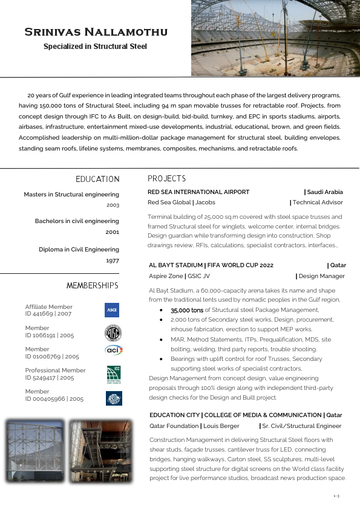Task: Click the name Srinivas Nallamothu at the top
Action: pos(96,32)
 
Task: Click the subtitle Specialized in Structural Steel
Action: pos(95,47)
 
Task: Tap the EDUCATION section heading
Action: pos(97,179)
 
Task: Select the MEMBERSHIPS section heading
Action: pos(93,285)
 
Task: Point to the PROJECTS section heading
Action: pos(166,179)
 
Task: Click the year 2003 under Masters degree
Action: pos(113,206)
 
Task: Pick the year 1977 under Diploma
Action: pos(113,261)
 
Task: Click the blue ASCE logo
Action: pos(112,310)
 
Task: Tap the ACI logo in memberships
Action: pos(113,350)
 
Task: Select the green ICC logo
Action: pos(113,374)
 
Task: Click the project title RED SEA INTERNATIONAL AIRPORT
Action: pos(198,192)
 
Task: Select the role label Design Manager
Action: pos(321,276)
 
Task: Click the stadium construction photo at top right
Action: pos(275,38)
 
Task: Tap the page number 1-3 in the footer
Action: pos(336,496)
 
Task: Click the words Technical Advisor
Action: pos(317,203)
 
